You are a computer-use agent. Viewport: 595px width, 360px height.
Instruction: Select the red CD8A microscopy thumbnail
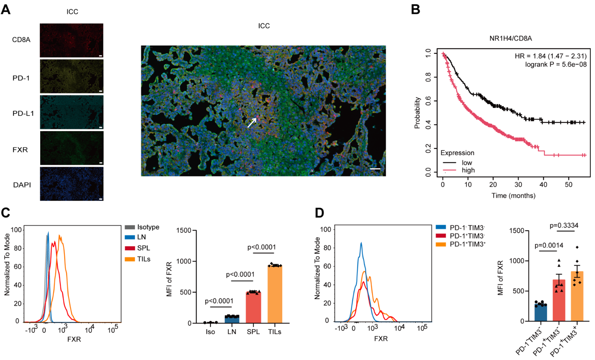[71, 40]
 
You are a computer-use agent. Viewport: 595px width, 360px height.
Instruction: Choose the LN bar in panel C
[232, 319]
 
